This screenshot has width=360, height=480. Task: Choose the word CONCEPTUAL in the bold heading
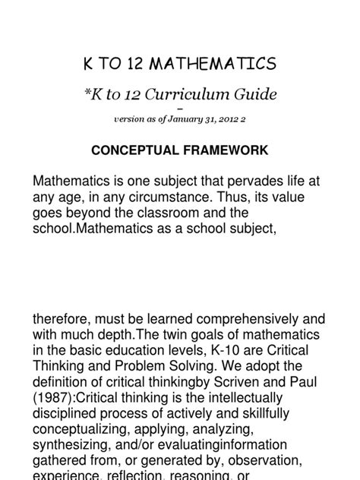(136, 150)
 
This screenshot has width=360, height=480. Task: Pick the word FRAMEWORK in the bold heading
(224, 150)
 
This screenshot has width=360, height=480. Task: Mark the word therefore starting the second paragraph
(62, 320)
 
